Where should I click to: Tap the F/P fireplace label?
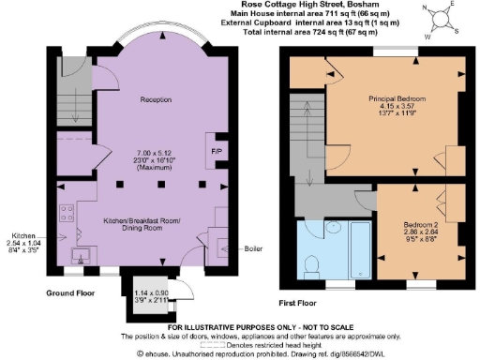click(216, 149)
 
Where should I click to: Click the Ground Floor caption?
click(71, 292)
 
